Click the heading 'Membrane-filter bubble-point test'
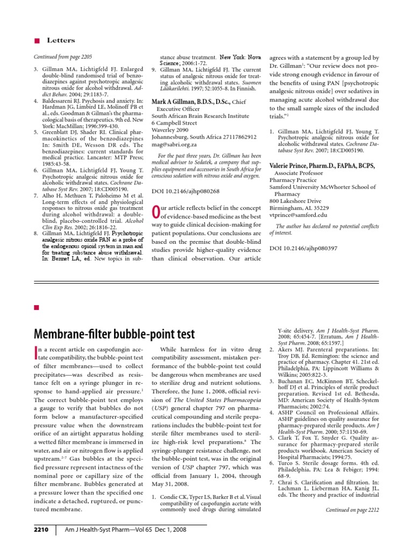(114, 334)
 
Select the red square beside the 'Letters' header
(37, 40)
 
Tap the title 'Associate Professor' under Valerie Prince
(304, 173)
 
